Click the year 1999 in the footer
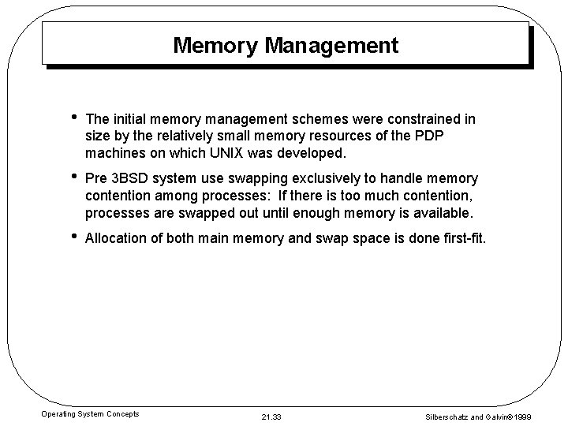point(545,415)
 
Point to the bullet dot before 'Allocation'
point(73,237)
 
